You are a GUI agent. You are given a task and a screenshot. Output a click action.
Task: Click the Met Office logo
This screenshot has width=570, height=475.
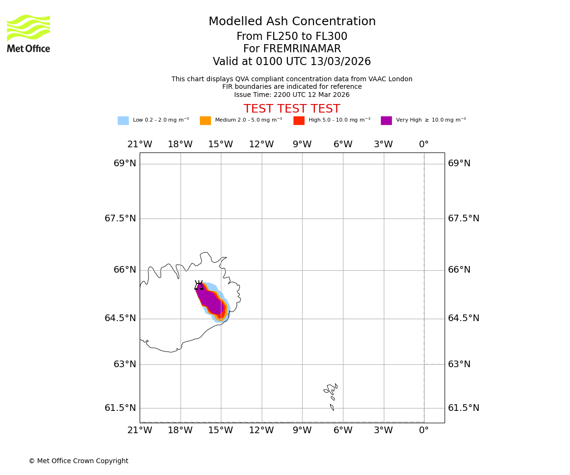[28, 34]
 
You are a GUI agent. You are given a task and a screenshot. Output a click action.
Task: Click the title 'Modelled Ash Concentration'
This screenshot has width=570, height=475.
[292, 22]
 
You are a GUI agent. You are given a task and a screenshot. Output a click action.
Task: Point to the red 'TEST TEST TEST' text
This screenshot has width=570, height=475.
[292, 109]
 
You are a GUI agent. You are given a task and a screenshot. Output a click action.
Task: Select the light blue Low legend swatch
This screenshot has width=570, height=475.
[123, 121]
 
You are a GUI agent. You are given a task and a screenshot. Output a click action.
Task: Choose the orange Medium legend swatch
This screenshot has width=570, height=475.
[205, 121]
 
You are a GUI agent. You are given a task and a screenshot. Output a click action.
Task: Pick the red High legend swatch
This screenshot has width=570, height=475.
[299, 121]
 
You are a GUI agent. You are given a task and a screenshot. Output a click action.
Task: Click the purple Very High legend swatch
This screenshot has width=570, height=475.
[386, 121]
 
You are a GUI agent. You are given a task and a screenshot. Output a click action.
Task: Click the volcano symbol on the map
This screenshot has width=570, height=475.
[199, 285]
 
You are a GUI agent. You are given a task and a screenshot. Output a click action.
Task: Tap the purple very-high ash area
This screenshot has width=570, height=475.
[209, 300]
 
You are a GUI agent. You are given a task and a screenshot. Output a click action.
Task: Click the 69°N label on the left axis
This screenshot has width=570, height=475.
[124, 163]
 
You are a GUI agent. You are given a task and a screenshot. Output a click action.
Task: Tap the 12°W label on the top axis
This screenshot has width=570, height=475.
[261, 144]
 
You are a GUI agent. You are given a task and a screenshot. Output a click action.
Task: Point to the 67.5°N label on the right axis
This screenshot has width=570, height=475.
[464, 218]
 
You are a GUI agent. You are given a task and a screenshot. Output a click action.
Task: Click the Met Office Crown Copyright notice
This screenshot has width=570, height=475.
[78, 461]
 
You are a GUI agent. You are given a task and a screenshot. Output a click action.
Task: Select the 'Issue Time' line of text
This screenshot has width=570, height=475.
[292, 95]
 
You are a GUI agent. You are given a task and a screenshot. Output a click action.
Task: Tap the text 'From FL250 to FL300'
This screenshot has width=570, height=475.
[292, 37]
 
